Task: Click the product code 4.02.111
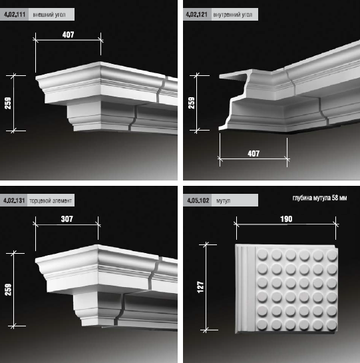pyautogui.click(x=15, y=15)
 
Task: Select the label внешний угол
pyautogui.click(x=49, y=15)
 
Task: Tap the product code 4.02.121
pyautogui.click(x=197, y=15)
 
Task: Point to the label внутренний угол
pyautogui.click(x=232, y=15)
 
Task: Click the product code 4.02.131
pyautogui.click(x=14, y=200)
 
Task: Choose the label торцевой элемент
pyautogui.click(x=51, y=200)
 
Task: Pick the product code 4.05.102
pyautogui.click(x=198, y=200)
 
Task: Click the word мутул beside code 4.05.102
pyautogui.click(x=224, y=200)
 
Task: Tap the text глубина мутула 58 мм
pyautogui.click(x=319, y=198)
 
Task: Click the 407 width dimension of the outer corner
pyautogui.click(x=69, y=35)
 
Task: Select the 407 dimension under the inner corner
pyautogui.click(x=254, y=153)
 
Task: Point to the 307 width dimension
pyautogui.click(x=67, y=219)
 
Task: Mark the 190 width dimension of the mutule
pyautogui.click(x=286, y=219)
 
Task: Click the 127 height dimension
pyautogui.click(x=200, y=287)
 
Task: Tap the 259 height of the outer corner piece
pyautogui.click(x=8, y=103)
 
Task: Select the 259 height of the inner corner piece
pyautogui.click(x=192, y=103)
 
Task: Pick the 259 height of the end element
pyautogui.click(x=8, y=290)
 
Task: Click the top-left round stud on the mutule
pyautogui.click(x=262, y=254)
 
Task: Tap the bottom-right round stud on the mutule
pyautogui.click(x=332, y=324)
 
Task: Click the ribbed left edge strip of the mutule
pyautogui.click(x=246, y=288)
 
